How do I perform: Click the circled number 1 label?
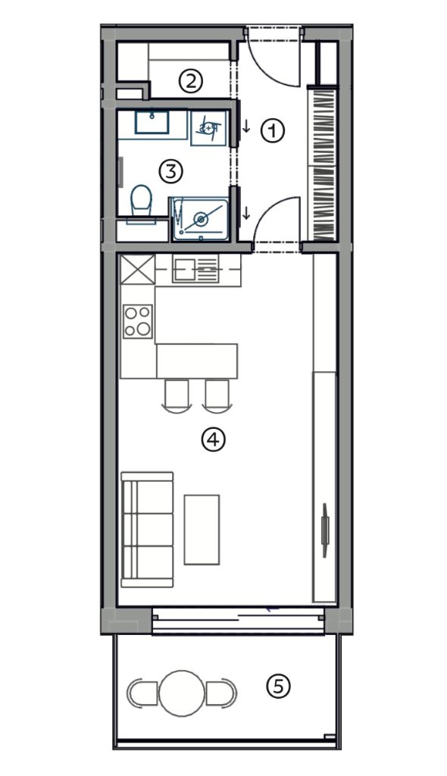[x=274, y=132]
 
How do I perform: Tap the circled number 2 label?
[x=191, y=81]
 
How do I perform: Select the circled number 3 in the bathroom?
[x=170, y=172]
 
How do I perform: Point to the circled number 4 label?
[x=214, y=440]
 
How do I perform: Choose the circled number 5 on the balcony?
[x=278, y=686]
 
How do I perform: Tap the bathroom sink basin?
[x=152, y=122]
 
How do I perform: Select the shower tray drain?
[x=201, y=218]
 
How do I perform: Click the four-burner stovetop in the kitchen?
[x=138, y=321]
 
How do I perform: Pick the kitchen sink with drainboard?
[x=195, y=269]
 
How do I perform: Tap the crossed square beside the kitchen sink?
[x=138, y=269]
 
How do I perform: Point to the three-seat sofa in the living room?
[x=147, y=530]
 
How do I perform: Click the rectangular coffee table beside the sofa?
[x=202, y=530]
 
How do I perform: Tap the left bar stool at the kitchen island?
[x=177, y=394]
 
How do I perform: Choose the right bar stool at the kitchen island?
[x=217, y=394]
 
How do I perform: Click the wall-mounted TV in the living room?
[x=325, y=530]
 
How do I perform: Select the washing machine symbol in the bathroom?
[x=208, y=128]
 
